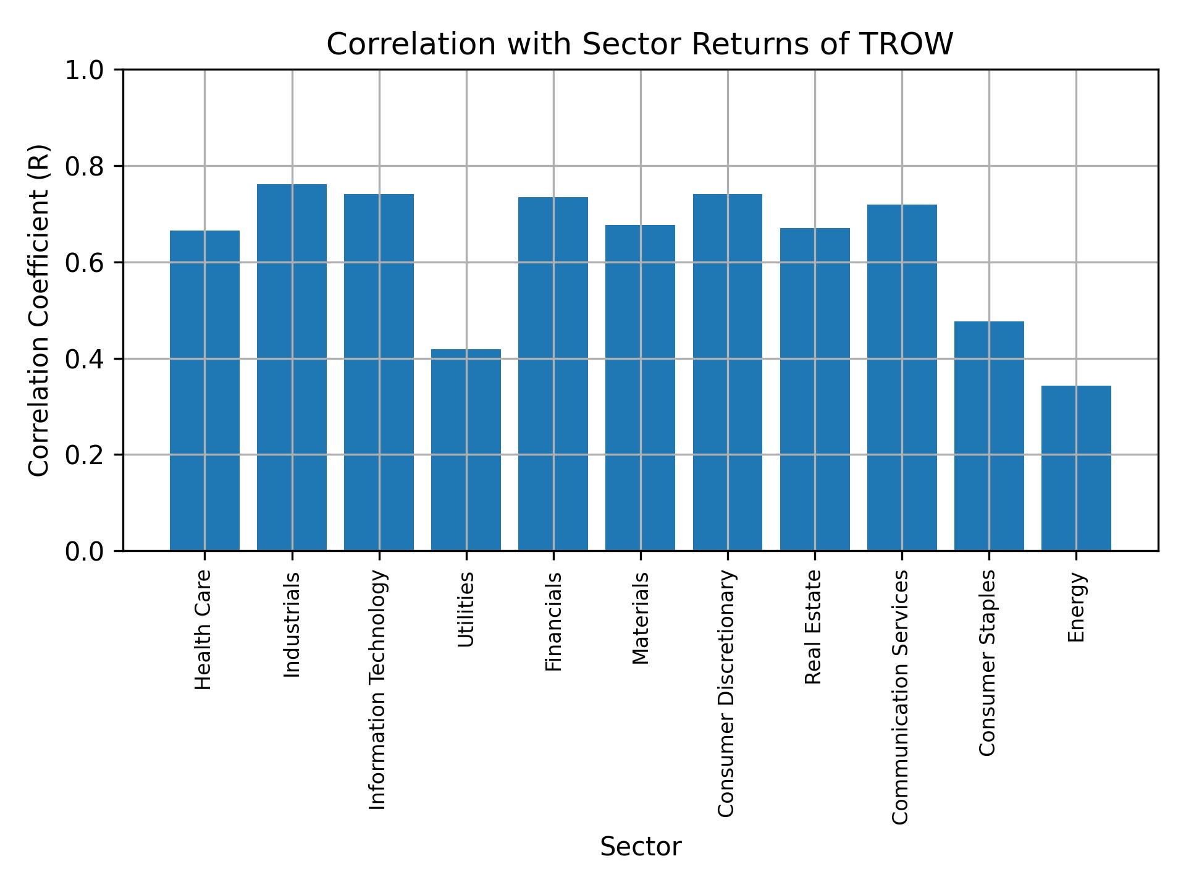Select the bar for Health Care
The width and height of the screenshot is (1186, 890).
[204, 391]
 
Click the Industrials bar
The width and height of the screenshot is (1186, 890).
[292, 368]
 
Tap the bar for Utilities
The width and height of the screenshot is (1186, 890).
[466, 450]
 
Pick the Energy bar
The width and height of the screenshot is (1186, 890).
[1076, 468]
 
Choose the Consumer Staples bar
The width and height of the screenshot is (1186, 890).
[989, 436]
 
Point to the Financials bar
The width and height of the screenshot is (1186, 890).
[553, 374]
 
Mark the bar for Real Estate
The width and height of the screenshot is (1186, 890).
[815, 389]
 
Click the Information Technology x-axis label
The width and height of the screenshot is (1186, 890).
[377, 690]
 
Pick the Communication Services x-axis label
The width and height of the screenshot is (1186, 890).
[901, 697]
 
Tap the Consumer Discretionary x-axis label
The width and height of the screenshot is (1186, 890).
[726, 693]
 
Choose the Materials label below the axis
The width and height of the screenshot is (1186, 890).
[641, 618]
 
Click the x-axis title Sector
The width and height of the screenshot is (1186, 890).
[641, 847]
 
